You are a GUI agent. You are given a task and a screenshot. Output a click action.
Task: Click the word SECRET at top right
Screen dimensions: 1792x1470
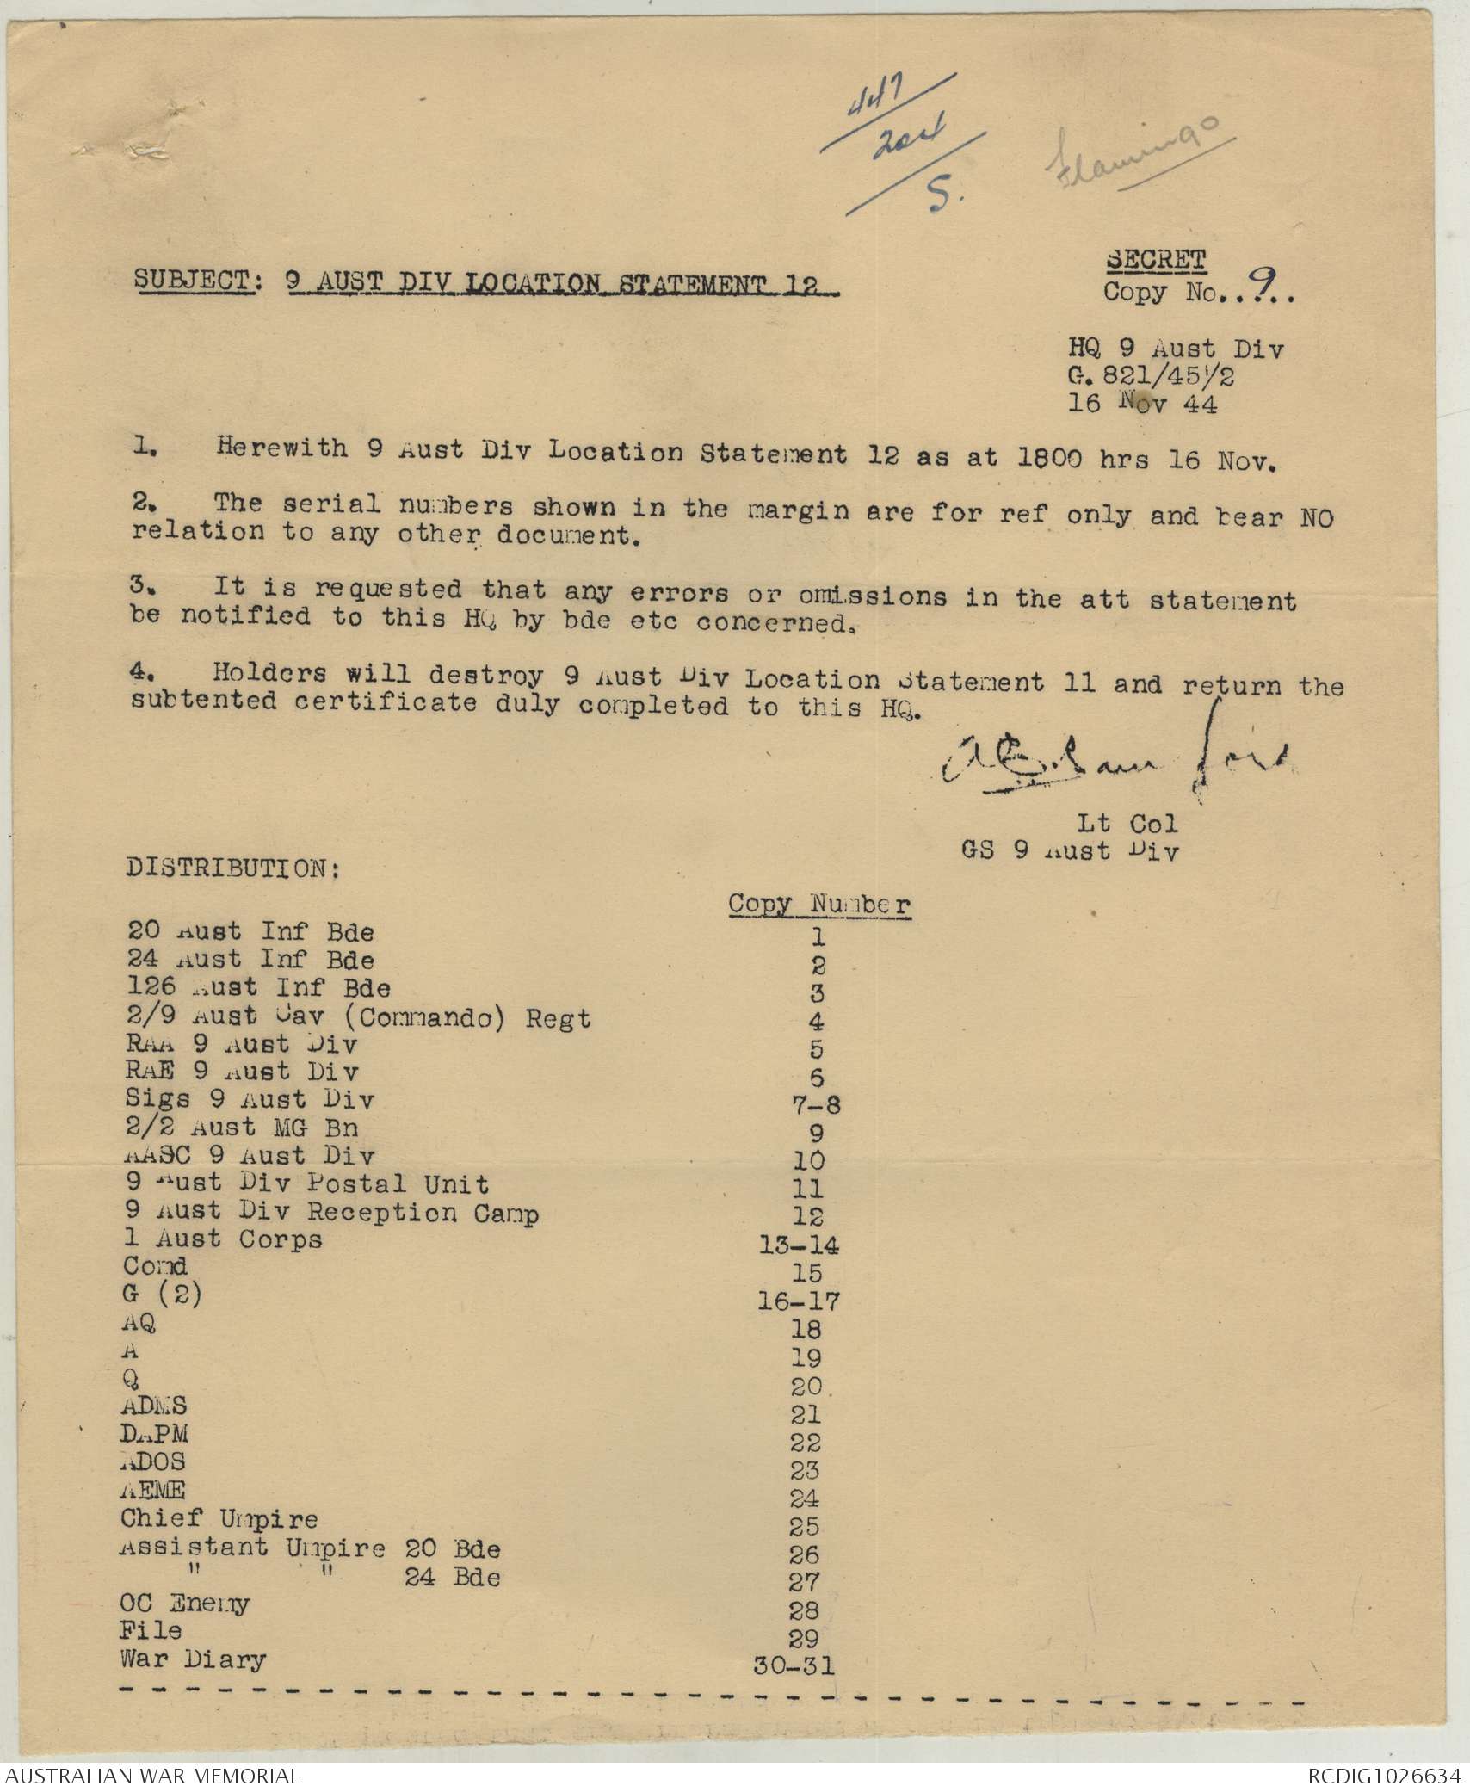(1155, 259)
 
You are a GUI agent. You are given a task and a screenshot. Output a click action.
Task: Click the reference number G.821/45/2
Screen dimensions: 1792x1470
(1152, 376)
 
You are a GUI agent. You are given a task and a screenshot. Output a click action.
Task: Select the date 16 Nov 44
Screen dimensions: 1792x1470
(1142, 403)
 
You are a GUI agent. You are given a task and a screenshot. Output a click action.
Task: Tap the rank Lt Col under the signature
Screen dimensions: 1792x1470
(1127, 824)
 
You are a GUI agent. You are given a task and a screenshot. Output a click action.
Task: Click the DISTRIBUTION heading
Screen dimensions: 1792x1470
(233, 868)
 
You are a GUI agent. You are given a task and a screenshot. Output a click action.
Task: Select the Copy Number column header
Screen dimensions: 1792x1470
(819, 905)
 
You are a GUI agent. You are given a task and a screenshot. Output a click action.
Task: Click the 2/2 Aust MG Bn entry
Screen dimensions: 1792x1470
(242, 1128)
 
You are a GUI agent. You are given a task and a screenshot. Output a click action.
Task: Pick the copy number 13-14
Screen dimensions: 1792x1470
(800, 1245)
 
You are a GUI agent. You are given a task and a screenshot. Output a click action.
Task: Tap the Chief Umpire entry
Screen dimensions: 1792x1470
(219, 1519)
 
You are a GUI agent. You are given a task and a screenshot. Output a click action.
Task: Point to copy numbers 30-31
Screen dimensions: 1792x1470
(794, 1665)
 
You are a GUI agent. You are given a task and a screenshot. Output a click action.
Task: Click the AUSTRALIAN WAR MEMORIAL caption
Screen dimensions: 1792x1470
(151, 1776)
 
